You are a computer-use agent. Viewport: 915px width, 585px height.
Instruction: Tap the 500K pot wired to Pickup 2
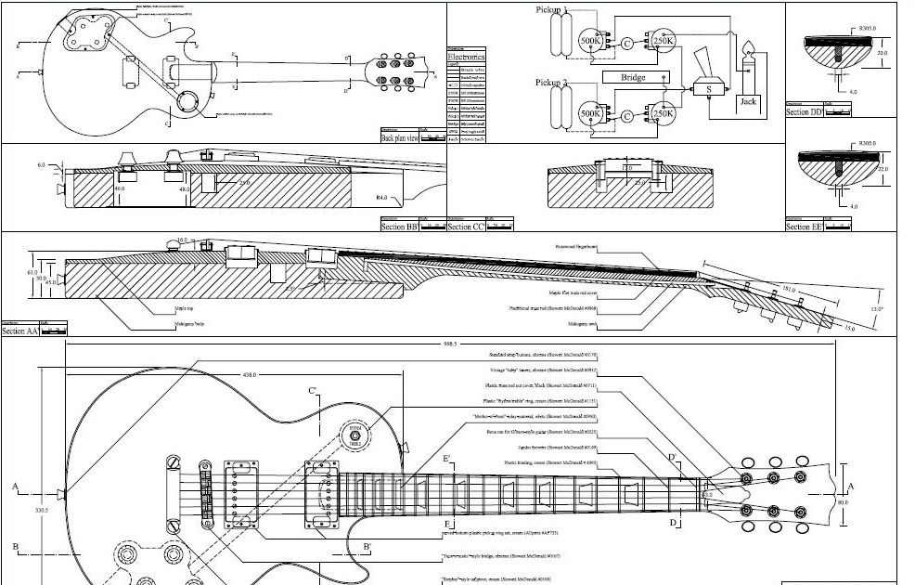(x=590, y=113)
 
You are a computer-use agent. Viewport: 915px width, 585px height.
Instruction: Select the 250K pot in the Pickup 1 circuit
(x=663, y=42)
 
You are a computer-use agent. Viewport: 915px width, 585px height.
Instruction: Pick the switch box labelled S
(x=709, y=90)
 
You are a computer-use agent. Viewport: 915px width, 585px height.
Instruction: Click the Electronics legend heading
(x=466, y=57)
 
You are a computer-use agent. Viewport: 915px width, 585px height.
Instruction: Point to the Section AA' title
(x=20, y=331)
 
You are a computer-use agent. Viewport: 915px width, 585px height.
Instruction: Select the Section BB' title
(x=399, y=226)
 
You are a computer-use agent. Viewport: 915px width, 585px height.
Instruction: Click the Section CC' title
(x=466, y=226)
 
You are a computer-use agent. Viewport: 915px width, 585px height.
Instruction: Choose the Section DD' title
(x=805, y=111)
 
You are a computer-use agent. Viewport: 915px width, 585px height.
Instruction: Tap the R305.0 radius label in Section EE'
(x=868, y=143)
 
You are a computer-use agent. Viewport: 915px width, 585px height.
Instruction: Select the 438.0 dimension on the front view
(x=249, y=374)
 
